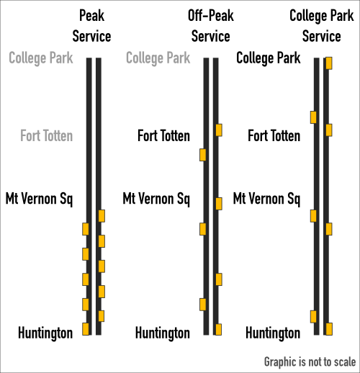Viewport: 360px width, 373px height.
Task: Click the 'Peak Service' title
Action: (91, 26)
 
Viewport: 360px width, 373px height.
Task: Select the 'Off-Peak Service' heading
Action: (211, 26)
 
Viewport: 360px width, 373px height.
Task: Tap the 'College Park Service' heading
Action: (322, 26)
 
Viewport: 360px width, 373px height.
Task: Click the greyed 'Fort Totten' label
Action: (46, 135)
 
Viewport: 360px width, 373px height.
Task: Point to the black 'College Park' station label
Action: (269, 58)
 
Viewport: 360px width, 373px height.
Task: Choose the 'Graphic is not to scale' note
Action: (310, 361)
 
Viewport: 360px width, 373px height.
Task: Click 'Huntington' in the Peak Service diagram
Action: (45, 333)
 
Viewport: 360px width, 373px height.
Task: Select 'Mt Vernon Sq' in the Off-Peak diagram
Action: (156, 199)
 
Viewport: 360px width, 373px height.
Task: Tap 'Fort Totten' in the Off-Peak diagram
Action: (163, 135)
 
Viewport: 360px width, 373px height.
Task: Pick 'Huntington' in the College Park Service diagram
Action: (273, 333)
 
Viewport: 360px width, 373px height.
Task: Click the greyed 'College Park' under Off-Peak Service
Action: (158, 58)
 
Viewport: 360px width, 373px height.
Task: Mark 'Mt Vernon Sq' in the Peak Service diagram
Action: (39, 199)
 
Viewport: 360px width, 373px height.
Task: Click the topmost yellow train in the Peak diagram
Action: (102, 216)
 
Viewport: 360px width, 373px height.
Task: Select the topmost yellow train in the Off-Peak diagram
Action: (219, 130)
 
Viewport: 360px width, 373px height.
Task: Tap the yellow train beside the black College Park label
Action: (329, 63)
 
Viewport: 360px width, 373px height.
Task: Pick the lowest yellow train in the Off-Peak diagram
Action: (218, 329)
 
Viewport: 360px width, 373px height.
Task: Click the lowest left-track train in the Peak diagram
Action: (86, 329)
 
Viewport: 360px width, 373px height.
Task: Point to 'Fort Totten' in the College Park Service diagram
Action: (274, 135)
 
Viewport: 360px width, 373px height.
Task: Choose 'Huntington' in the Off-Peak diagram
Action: (163, 333)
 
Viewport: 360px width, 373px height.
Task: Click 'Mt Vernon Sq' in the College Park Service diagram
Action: (266, 199)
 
